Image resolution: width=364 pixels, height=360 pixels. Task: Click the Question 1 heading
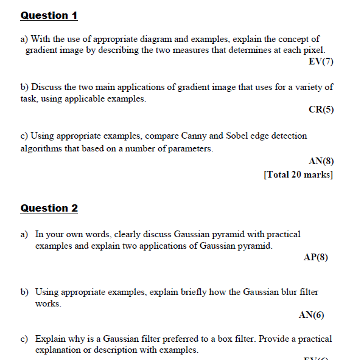pos(49,16)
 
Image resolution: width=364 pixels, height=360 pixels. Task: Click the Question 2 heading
pos(49,209)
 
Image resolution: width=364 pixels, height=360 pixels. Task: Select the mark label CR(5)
pos(321,110)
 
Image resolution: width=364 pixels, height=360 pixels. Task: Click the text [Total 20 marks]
pos(298,175)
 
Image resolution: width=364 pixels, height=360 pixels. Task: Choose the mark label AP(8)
pos(315,257)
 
